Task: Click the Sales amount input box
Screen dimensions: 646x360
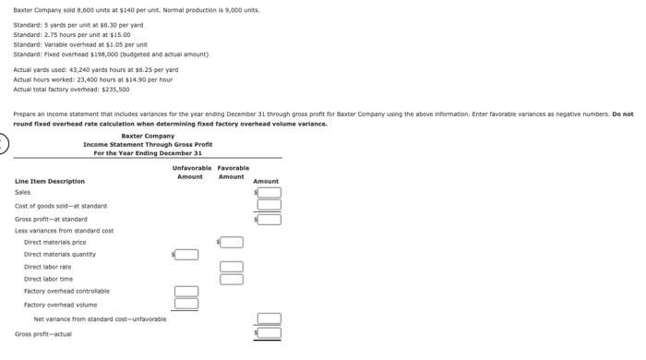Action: coord(269,193)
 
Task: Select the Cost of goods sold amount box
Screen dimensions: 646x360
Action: coord(269,206)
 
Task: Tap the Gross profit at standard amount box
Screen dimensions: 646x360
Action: coord(269,219)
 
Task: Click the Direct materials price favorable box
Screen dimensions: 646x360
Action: coord(232,242)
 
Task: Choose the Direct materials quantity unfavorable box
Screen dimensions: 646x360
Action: coord(186,254)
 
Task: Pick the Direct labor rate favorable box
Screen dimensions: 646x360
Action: coord(232,267)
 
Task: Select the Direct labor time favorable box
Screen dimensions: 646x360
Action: coord(232,279)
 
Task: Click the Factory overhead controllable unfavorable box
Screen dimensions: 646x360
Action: coord(186,292)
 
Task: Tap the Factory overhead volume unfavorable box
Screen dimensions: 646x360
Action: coord(186,303)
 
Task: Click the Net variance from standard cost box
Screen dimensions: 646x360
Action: coord(269,318)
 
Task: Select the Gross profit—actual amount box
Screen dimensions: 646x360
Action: coord(269,332)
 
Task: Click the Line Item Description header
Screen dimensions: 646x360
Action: coord(50,181)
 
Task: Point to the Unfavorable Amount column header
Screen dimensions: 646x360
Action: coord(191,172)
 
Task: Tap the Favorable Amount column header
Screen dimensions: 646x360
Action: coord(233,172)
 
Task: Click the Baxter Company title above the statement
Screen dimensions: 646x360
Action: coord(148,136)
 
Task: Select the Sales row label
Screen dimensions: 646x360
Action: coord(23,193)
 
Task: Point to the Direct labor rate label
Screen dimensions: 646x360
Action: coord(47,267)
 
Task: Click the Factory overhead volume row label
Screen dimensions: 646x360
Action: coord(60,303)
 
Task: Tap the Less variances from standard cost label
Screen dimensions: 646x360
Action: coord(64,231)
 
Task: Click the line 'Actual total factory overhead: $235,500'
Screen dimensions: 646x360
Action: coord(71,90)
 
